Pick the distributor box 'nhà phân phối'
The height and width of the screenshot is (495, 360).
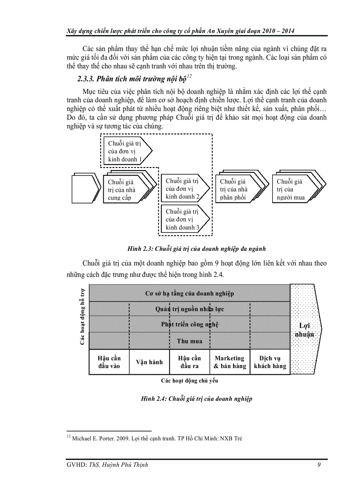236,189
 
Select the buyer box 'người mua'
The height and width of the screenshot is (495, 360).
292,189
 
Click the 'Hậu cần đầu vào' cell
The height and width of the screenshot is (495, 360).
109,362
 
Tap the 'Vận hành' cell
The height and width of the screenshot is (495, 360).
149,362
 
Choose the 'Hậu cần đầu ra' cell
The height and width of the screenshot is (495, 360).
189,362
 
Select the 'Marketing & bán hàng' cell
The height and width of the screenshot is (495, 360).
229,362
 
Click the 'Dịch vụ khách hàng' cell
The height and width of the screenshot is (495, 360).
270,362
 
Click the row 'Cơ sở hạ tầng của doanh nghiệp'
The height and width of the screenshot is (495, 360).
189,293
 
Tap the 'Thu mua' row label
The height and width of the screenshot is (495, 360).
189,341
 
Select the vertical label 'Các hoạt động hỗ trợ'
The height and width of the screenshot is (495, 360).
82,315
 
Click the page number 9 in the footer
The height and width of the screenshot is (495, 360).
319,464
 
